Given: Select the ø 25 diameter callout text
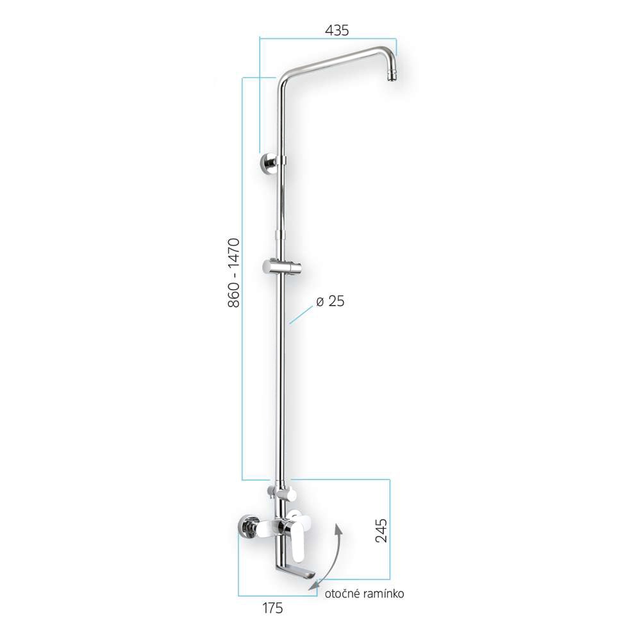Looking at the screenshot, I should pyautogui.click(x=331, y=301).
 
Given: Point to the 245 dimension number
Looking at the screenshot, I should pyautogui.click(x=381, y=531).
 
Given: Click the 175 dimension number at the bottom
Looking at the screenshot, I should pyautogui.click(x=272, y=608).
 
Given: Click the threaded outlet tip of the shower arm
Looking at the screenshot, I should pyautogui.click(x=392, y=79).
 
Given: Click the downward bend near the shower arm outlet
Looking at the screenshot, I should pyautogui.click(x=388, y=59).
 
